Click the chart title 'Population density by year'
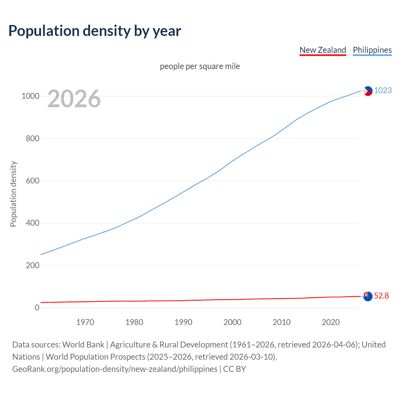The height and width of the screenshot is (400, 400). (95, 31)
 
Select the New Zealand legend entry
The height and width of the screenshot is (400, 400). (322, 50)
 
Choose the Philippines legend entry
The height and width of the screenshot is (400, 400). (372, 50)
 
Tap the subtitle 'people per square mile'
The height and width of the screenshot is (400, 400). (200, 66)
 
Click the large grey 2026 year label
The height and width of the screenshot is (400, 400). (74, 99)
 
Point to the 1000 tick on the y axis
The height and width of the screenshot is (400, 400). (30, 96)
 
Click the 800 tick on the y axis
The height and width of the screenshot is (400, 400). (32, 138)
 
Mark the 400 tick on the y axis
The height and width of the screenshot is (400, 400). (32, 223)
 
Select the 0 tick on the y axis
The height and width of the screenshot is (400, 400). (37, 308)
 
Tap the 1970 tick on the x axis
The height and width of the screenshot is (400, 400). (85, 322)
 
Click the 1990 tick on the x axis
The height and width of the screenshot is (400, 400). (183, 322)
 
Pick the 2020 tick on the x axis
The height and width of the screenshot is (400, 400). (331, 322)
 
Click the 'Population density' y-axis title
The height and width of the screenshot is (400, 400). (13, 194)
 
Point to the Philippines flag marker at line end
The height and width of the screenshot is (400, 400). (368, 91)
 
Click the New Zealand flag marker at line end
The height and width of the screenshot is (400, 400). (368, 296)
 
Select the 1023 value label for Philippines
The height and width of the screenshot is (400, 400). (383, 90)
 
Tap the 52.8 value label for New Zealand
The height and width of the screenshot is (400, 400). (381, 296)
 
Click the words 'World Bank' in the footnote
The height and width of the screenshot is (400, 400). (83, 345)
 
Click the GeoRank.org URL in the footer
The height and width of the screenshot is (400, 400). (115, 369)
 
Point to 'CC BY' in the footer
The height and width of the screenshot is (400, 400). (234, 369)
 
